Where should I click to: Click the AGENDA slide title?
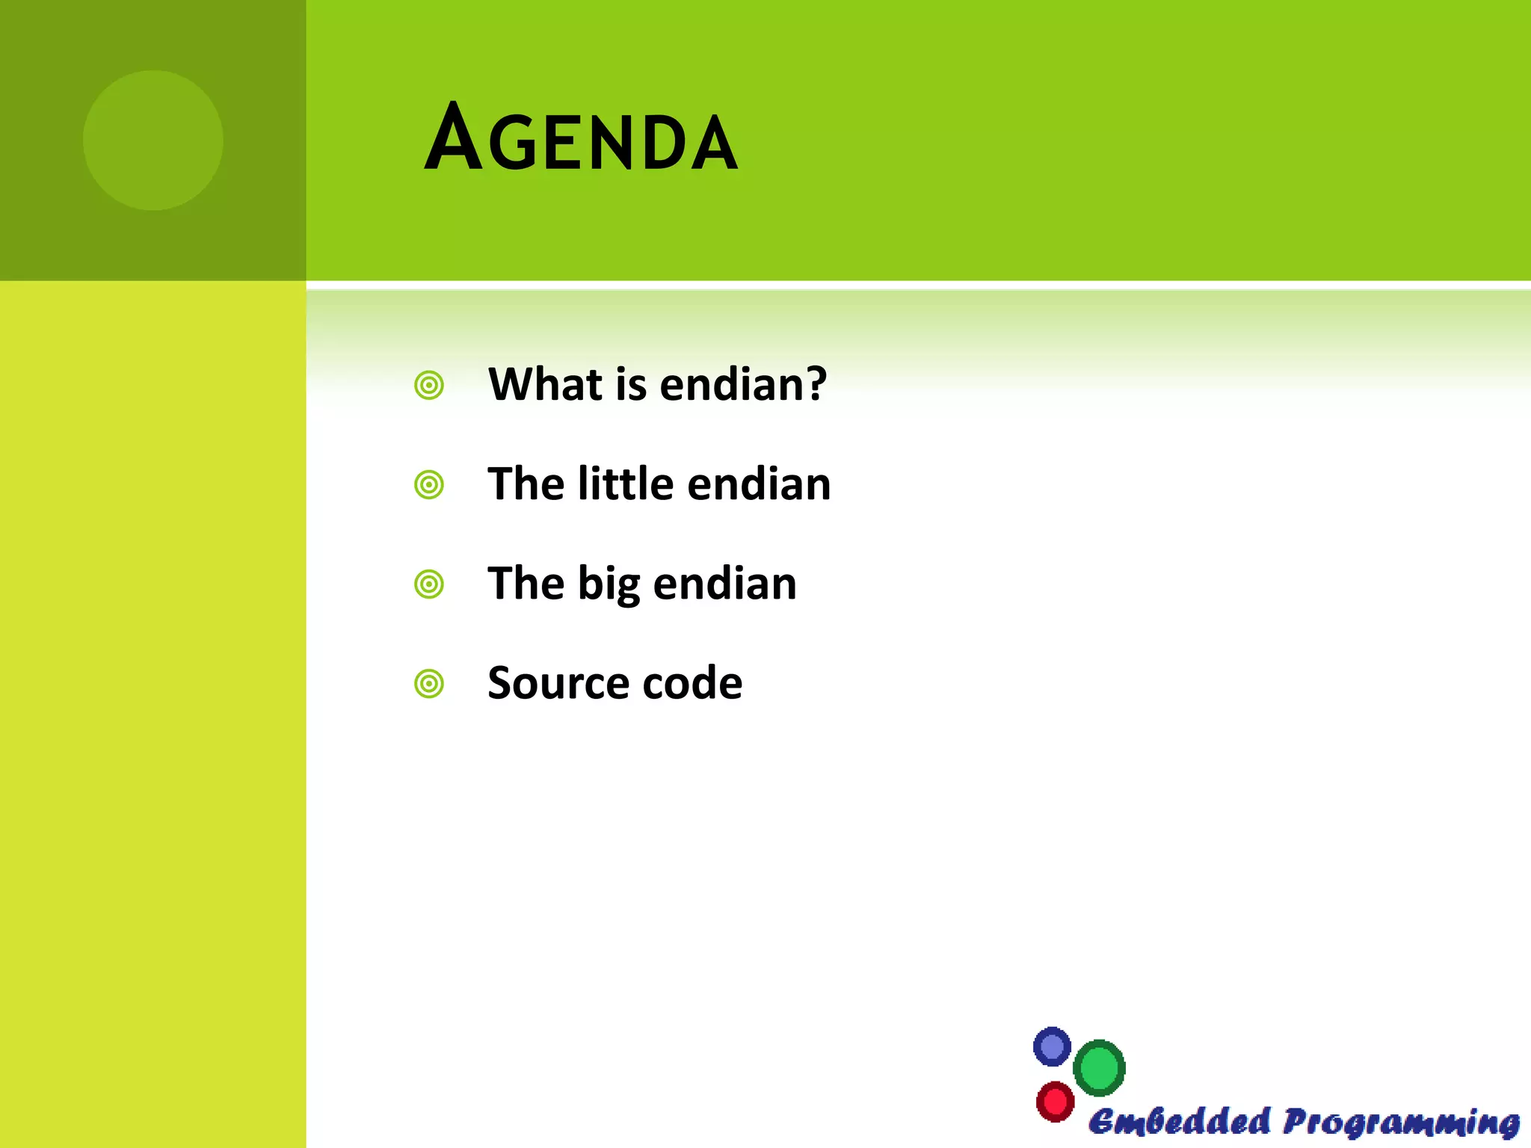point(581,138)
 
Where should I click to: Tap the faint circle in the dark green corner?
point(153,140)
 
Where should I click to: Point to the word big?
point(609,584)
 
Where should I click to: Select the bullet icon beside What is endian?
point(429,386)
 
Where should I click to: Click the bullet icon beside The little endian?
point(429,485)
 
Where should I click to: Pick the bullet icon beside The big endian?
point(429,584)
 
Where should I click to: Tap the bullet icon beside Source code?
point(429,684)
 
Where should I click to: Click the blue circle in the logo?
point(1052,1046)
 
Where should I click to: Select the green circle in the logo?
point(1099,1068)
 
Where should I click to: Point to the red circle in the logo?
point(1055,1101)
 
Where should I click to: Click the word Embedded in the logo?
point(1179,1122)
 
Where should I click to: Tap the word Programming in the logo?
point(1401,1123)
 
